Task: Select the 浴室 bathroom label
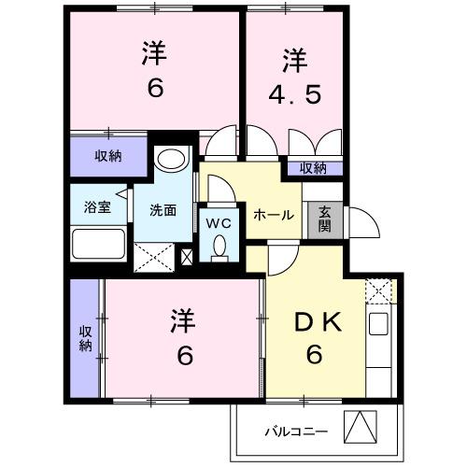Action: (97, 207)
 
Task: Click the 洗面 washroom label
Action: (163, 209)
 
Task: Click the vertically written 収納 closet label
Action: (84, 338)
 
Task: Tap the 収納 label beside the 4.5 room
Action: (313, 168)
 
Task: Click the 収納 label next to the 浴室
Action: (107, 156)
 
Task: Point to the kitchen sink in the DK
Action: (378, 324)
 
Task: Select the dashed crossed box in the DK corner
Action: (379, 291)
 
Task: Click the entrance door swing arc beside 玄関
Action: (358, 224)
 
